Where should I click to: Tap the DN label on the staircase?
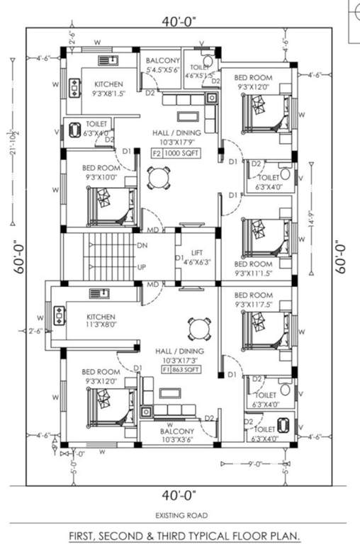(142, 244)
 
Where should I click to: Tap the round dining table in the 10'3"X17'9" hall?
(159, 177)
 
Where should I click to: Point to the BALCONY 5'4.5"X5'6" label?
(162, 66)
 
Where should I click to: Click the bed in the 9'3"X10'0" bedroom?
(110, 205)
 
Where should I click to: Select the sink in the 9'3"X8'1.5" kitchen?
(108, 60)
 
